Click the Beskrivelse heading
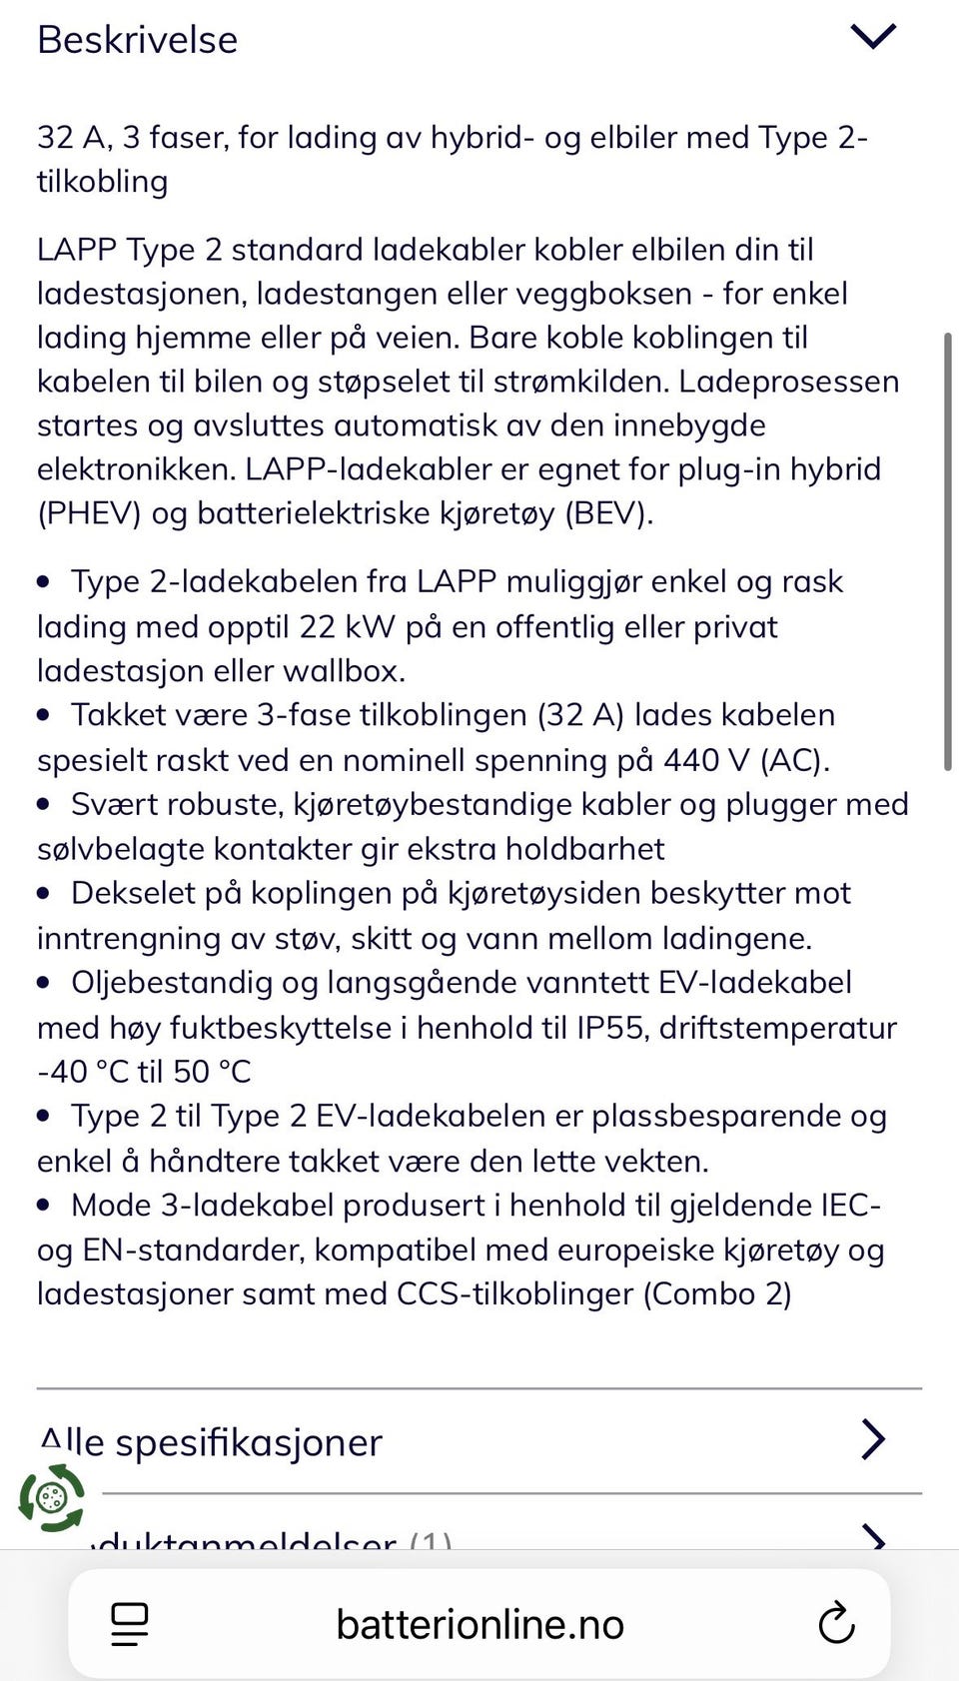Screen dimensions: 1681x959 click(138, 40)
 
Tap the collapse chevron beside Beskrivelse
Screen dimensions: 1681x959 click(872, 37)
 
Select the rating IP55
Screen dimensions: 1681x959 click(612, 1028)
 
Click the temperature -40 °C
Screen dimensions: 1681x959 click(83, 1072)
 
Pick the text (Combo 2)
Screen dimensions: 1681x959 click(717, 1294)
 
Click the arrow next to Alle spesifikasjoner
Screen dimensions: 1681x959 click(872, 1439)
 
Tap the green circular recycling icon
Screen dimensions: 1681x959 click(51, 1497)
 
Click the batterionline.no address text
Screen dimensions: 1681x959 click(479, 1624)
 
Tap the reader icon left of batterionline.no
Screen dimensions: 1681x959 click(130, 1624)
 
